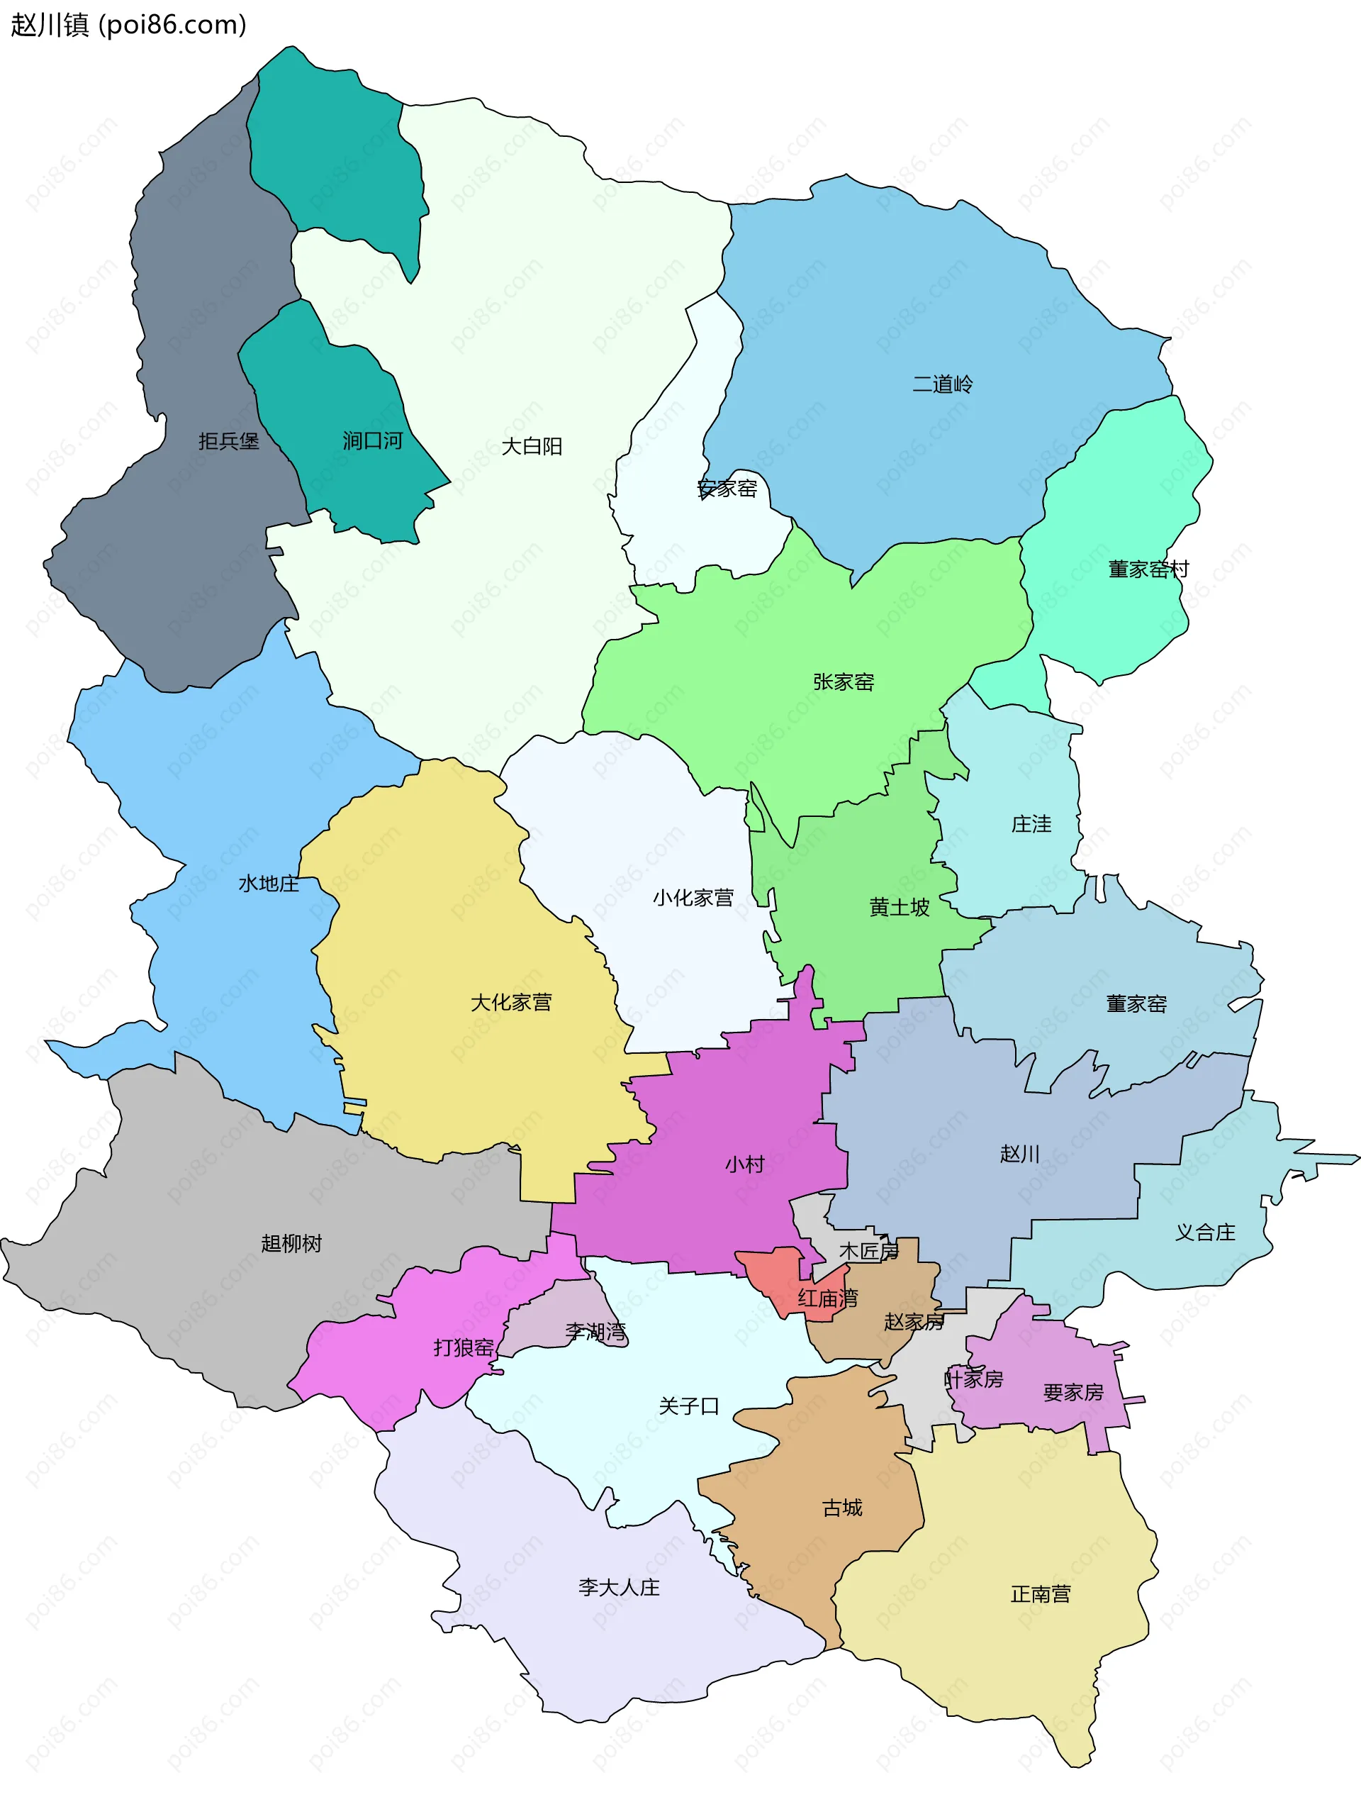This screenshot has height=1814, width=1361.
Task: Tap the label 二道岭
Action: point(942,384)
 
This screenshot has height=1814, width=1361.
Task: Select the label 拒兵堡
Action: point(228,441)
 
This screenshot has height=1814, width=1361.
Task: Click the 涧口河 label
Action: point(372,441)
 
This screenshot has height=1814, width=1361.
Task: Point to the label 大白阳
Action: point(531,446)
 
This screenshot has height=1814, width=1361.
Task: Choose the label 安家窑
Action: point(727,489)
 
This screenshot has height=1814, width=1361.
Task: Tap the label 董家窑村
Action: point(1148,569)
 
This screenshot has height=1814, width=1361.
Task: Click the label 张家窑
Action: point(843,681)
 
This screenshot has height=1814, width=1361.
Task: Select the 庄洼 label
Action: point(1031,823)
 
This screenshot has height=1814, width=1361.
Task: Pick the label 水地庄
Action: point(268,883)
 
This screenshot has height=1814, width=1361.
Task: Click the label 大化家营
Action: point(511,1002)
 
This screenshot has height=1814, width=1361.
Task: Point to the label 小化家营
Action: point(693,898)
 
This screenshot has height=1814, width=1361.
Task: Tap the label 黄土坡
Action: point(899,907)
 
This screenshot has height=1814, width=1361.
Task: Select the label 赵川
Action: point(1019,1154)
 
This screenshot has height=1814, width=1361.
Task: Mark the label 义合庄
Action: point(1204,1232)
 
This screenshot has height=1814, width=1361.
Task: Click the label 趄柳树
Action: point(291,1243)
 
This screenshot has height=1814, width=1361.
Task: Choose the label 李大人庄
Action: point(618,1587)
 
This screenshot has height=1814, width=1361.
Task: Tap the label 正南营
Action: point(1040,1593)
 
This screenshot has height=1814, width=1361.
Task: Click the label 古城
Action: point(842,1507)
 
